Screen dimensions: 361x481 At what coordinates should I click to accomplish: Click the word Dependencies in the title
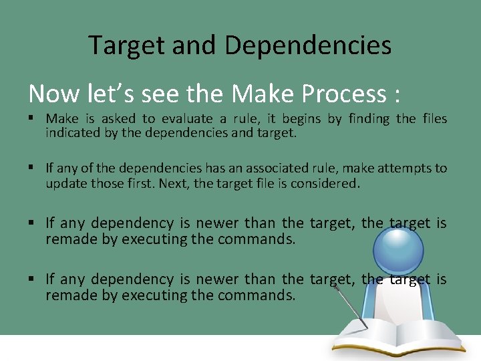pos(308,45)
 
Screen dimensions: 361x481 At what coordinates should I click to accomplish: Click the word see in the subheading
pos(160,94)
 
